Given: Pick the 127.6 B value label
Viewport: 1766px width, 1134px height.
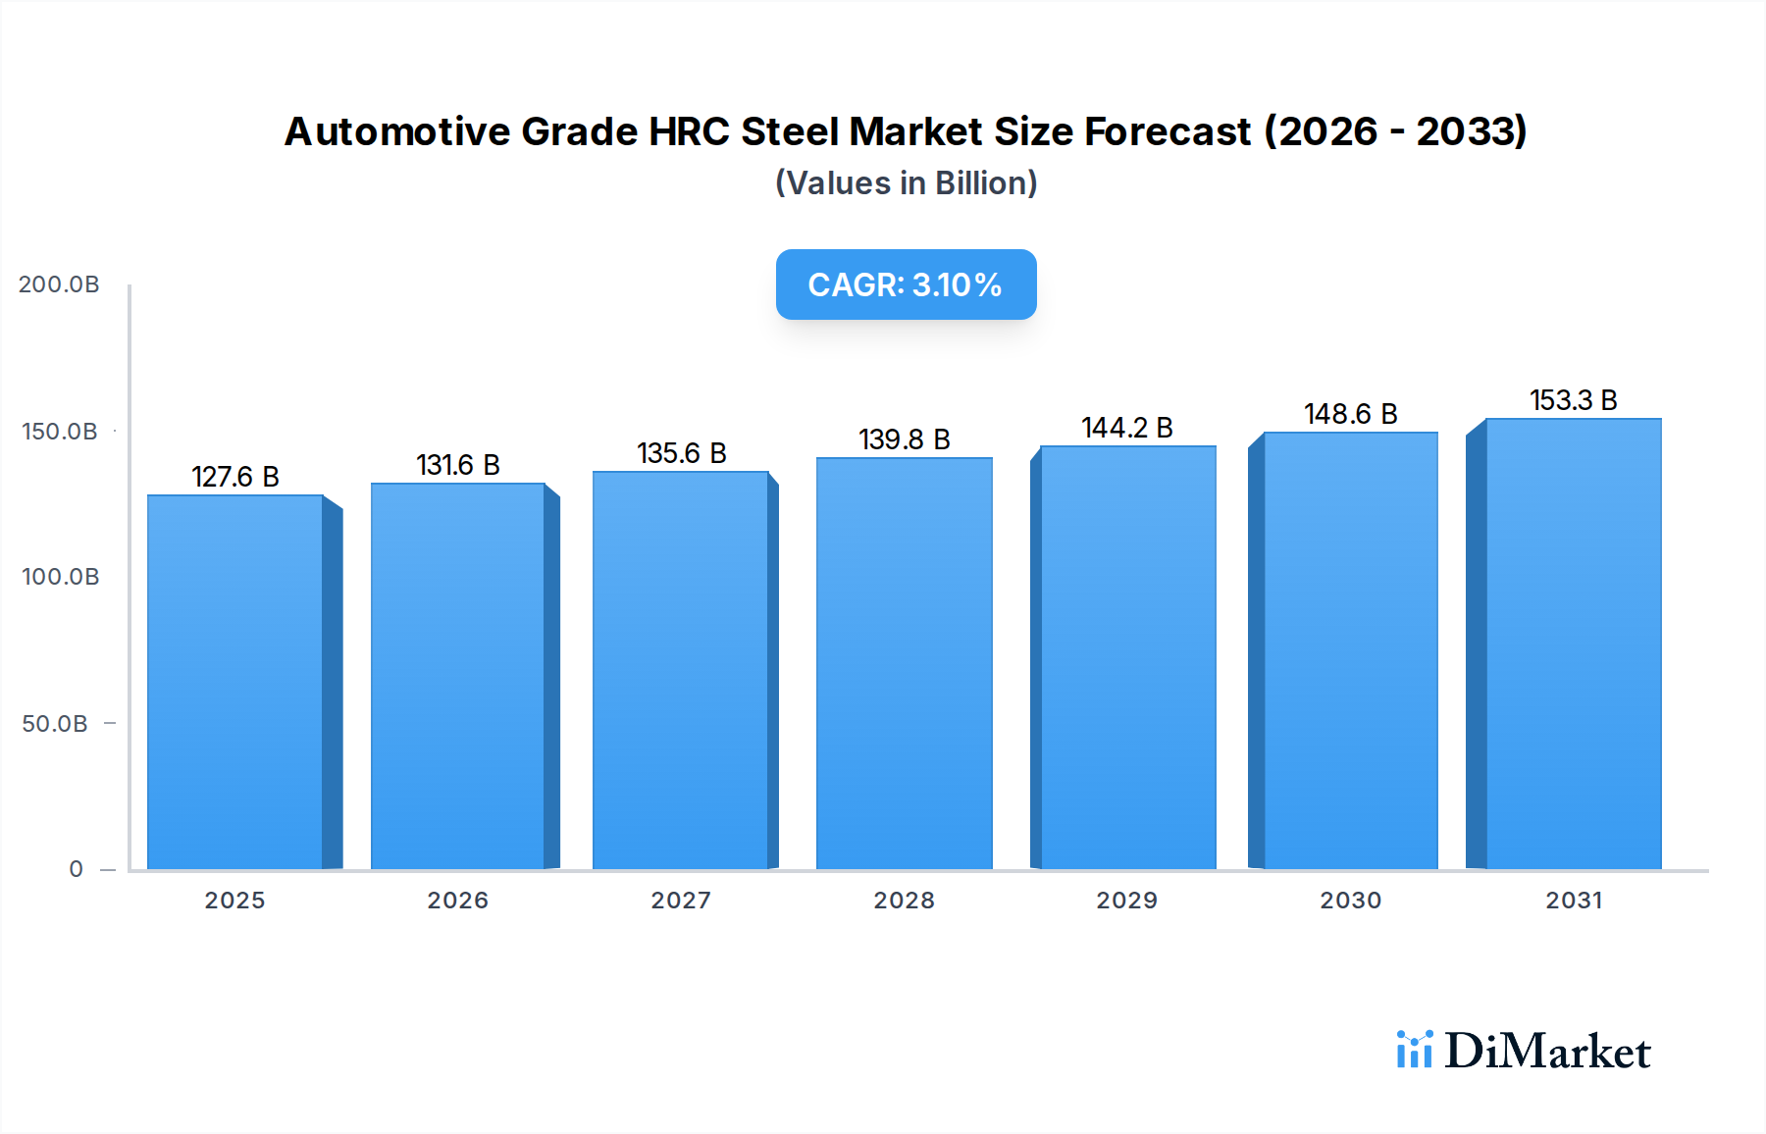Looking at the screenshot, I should pyautogui.click(x=235, y=477).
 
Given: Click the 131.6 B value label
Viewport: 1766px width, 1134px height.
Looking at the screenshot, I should pyautogui.click(x=458, y=465).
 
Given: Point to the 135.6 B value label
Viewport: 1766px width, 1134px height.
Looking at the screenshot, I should pyautogui.click(x=682, y=453).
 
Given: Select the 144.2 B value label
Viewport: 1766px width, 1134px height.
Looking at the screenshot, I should pyautogui.click(x=1127, y=428).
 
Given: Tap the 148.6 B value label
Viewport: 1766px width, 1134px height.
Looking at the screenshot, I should pyautogui.click(x=1351, y=414).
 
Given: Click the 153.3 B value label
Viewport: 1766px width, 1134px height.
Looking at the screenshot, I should pyautogui.click(x=1574, y=400).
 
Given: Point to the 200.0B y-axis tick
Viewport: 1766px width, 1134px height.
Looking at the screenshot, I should pyautogui.click(x=59, y=284).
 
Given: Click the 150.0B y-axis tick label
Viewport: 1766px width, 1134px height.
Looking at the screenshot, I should pyautogui.click(x=60, y=432).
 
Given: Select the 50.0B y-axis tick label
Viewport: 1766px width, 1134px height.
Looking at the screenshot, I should pyautogui.click(x=55, y=724).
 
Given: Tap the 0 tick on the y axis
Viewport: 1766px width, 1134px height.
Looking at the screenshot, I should pyautogui.click(x=77, y=869).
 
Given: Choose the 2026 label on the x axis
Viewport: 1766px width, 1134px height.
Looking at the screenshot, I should pyautogui.click(x=458, y=901).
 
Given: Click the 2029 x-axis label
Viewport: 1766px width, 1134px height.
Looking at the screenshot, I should pyautogui.click(x=1127, y=901).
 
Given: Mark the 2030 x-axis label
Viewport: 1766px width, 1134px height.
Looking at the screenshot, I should pyautogui.click(x=1351, y=901).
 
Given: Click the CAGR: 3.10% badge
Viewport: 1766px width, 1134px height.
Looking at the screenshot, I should pyautogui.click(x=906, y=284).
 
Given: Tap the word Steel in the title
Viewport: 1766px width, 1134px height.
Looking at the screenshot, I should pyautogui.click(x=790, y=131).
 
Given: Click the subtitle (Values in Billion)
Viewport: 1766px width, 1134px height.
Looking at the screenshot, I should pyautogui.click(x=906, y=183).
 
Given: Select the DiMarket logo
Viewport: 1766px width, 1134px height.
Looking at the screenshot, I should pyautogui.click(x=1524, y=1051).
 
